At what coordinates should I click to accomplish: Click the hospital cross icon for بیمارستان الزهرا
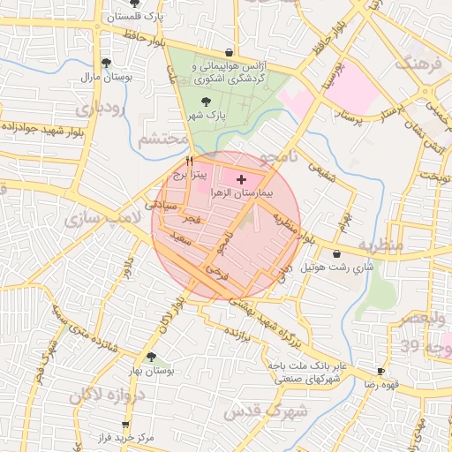click(x=242, y=179)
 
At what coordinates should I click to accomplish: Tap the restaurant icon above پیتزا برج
click(x=189, y=162)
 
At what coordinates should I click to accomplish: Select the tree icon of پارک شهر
click(x=206, y=102)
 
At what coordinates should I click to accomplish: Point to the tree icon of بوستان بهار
click(x=151, y=358)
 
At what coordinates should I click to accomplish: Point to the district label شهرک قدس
click(x=265, y=411)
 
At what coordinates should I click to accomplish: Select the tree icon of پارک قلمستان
click(x=134, y=4)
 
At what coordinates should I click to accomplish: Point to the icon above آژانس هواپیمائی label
click(x=230, y=52)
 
